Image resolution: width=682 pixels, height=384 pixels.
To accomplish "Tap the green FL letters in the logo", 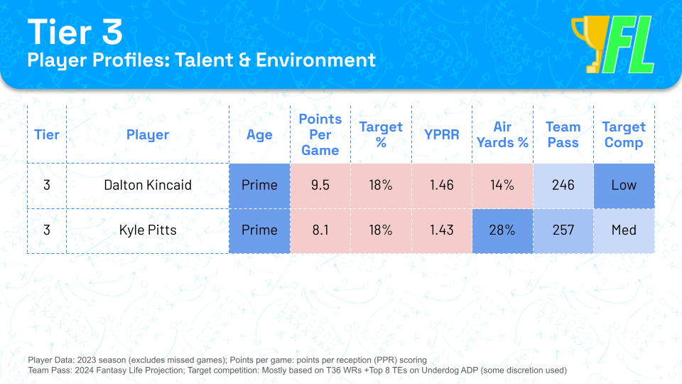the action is [x=629, y=44].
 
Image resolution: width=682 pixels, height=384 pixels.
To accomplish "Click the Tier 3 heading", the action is [x=75, y=32].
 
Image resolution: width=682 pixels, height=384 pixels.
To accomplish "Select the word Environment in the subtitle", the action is [x=315, y=60].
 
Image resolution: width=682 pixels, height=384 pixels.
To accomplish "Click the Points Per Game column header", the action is [x=320, y=134].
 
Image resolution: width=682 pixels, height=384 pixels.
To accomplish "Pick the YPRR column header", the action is [x=441, y=134].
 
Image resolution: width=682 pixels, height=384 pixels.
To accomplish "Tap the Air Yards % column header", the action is [x=502, y=134].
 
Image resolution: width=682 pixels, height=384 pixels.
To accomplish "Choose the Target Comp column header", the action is [x=624, y=134].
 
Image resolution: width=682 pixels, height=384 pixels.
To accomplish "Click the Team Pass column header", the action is [x=563, y=134].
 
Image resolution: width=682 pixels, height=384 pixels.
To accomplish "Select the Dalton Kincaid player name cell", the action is [x=148, y=185].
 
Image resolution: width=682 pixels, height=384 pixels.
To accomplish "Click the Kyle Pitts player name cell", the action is [x=148, y=230].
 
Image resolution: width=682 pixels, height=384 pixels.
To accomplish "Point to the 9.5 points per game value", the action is [x=320, y=185].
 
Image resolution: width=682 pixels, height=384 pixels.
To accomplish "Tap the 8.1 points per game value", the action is [x=320, y=230].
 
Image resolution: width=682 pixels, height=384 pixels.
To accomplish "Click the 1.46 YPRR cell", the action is [x=441, y=185].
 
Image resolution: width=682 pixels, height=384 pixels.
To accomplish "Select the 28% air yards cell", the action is [x=502, y=230].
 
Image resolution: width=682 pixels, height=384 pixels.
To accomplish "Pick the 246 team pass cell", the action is [x=563, y=185].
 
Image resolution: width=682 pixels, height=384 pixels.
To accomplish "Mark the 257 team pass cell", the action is [x=563, y=230].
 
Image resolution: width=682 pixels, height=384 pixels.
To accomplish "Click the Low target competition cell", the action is [x=624, y=185].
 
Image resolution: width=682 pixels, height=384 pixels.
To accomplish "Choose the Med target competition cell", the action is [x=624, y=230].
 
